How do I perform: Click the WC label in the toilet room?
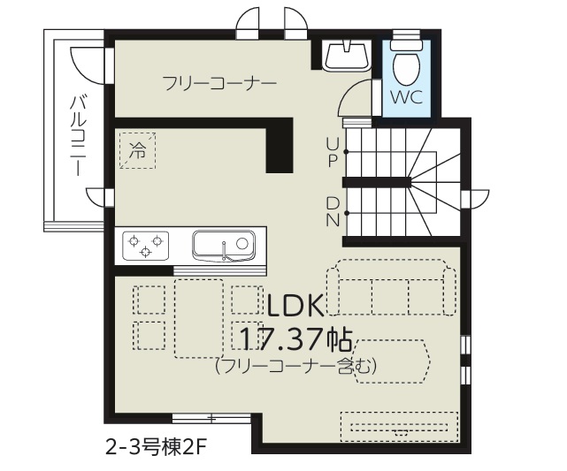point(406,97)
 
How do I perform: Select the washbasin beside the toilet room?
point(347,56)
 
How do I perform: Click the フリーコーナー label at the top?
point(219,83)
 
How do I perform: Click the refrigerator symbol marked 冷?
point(137,150)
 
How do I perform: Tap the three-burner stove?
point(145,246)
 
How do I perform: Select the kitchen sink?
point(224,246)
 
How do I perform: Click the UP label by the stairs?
point(333,152)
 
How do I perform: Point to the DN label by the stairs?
point(333,212)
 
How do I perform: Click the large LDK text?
point(295,306)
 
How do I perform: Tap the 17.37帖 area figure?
point(295,339)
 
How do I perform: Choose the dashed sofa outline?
point(391,287)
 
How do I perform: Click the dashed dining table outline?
point(198,318)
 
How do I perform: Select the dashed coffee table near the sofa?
point(392,361)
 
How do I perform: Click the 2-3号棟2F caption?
point(157,449)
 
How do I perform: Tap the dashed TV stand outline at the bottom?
point(399,427)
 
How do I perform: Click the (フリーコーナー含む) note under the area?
point(295,366)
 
